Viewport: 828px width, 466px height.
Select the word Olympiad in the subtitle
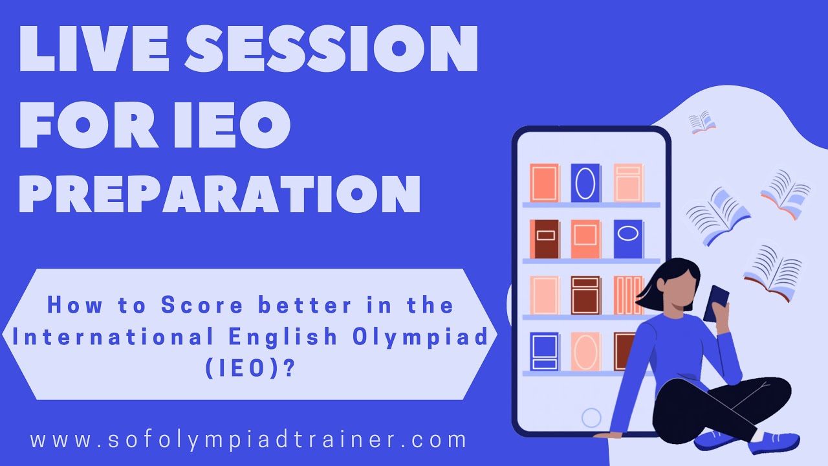point(423,337)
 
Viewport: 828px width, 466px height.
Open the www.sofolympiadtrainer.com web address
point(248,440)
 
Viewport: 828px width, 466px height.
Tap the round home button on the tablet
point(591,417)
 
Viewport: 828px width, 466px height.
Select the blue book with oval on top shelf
point(585,183)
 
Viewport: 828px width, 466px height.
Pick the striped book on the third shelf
point(628,295)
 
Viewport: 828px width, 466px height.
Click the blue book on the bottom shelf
point(545,351)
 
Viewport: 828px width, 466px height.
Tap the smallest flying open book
point(702,122)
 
